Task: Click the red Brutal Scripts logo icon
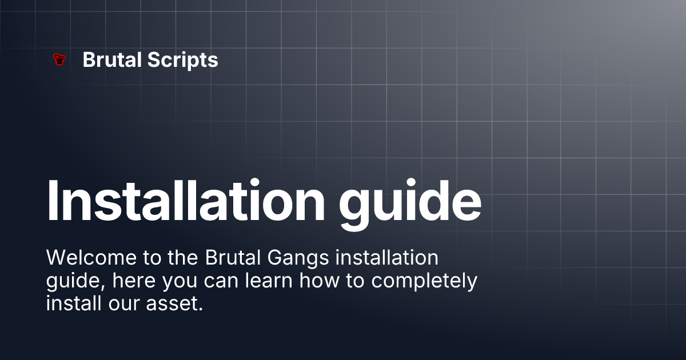click(58, 59)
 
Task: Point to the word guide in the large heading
click(410, 201)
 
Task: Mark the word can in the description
click(222, 281)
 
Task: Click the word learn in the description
click(268, 281)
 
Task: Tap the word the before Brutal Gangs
click(183, 258)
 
